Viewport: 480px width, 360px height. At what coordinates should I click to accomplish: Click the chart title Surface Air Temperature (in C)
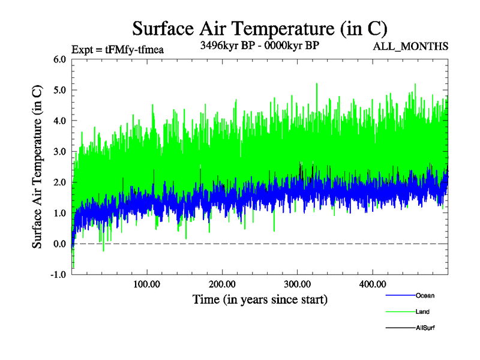(x=259, y=28)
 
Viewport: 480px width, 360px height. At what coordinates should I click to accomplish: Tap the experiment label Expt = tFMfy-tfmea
(x=118, y=49)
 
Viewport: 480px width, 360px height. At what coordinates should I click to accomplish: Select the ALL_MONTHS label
(x=410, y=46)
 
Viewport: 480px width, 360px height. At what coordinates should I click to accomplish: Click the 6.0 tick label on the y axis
(x=60, y=59)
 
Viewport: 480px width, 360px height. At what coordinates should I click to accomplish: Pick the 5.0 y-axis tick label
(x=60, y=90)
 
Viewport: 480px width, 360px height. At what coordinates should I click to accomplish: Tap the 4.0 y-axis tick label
(x=60, y=121)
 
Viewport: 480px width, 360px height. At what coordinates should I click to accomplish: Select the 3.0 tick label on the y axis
(x=60, y=151)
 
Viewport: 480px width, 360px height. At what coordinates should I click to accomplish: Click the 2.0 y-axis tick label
(x=60, y=182)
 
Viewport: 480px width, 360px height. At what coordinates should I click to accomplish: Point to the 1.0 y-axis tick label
(x=60, y=213)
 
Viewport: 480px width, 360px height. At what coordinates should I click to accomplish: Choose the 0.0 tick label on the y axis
(x=60, y=244)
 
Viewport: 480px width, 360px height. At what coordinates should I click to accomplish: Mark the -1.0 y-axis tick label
(x=59, y=274)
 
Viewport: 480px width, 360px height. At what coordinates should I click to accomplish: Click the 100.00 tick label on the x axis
(x=146, y=284)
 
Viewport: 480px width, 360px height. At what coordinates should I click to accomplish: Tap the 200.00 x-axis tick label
(x=222, y=284)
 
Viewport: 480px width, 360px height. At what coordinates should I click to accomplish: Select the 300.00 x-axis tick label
(x=297, y=284)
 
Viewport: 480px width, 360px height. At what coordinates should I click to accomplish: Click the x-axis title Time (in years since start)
(x=260, y=299)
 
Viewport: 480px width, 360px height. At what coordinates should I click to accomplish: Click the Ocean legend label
(x=425, y=295)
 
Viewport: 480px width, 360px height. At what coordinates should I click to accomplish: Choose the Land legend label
(x=422, y=311)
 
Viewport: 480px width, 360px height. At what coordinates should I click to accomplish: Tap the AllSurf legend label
(x=425, y=328)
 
